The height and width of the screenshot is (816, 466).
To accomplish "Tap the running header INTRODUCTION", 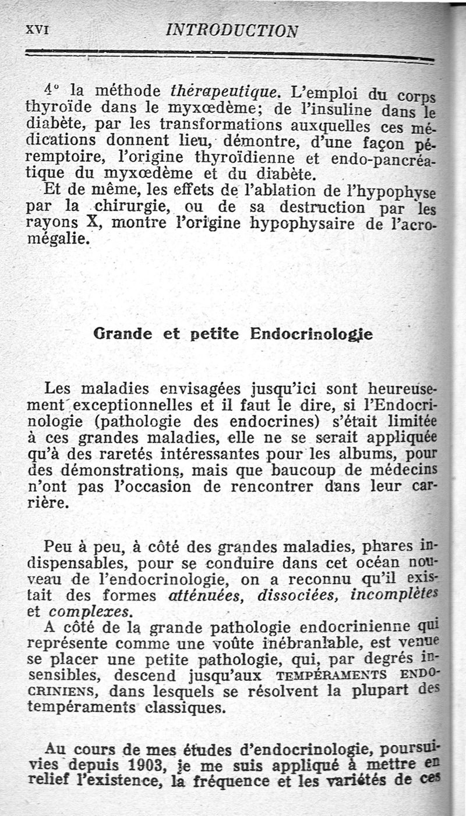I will pos(232,30).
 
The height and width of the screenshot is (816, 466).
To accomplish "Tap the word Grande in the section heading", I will pos(123,334).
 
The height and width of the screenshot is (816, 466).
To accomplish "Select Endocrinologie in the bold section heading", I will pos(311,334).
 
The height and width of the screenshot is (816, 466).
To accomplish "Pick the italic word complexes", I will pos(90,613).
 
